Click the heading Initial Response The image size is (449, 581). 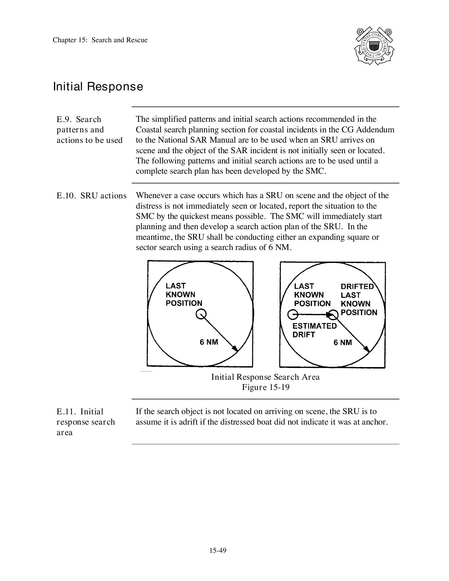(98, 87)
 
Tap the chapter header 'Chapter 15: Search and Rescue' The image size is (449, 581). (100, 40)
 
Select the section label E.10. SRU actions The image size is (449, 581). (92, 196)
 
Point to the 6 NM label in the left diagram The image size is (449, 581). (209, 342)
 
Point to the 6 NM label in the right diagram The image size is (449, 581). (342, 342)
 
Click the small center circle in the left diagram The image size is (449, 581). (201, 314)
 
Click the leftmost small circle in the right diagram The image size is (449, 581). (293, 315)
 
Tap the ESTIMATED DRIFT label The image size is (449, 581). (314, 330)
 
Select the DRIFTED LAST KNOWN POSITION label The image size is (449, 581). (359, 299)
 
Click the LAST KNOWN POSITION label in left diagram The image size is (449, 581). (184, 294)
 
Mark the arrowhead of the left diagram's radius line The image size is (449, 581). (235, 348)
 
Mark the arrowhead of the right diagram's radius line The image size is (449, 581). (367, 349)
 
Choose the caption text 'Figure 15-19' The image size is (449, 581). (266, 387)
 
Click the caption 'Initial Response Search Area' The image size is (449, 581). (265, 377)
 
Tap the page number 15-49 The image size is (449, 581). (218, 550)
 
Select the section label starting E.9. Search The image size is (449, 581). (89, 130)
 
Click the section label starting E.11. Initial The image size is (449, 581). (85, 422)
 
